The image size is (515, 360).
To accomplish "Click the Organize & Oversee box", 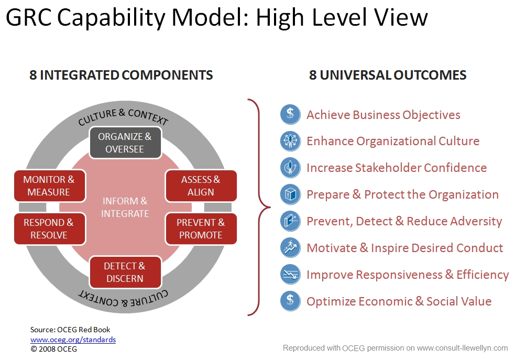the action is pos(125,143).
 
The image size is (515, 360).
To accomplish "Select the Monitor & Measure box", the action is pos(49,186).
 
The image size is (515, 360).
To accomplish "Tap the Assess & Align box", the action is pos(201,186).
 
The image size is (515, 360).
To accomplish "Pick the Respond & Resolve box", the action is pos(49,228).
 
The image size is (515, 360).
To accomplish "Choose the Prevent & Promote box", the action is pos(201,228).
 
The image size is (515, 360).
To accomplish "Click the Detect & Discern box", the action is pos(125,272).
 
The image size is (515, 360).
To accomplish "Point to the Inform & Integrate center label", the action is pos(125,207).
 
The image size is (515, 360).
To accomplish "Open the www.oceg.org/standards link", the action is pos(73,340).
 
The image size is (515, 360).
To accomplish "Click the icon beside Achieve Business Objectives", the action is pos(290,115).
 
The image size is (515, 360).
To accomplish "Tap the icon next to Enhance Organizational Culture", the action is pos(290,141).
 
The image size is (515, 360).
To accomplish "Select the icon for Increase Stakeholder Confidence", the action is pos(290,168).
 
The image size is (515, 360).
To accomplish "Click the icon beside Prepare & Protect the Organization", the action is pos(290,194).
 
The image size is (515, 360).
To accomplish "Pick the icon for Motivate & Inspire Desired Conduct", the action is pos(290,248).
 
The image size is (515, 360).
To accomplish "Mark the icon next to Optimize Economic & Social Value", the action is pos(290,301).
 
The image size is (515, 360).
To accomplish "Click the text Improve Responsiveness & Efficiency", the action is pos(408,275).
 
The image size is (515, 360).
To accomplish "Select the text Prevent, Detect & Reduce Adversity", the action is pos(404,221).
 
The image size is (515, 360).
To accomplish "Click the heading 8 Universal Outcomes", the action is pos(388,75).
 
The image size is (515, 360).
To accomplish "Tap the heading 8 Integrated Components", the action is pos(121,75).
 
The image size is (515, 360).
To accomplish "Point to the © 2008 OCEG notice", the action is pos(53,349).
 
